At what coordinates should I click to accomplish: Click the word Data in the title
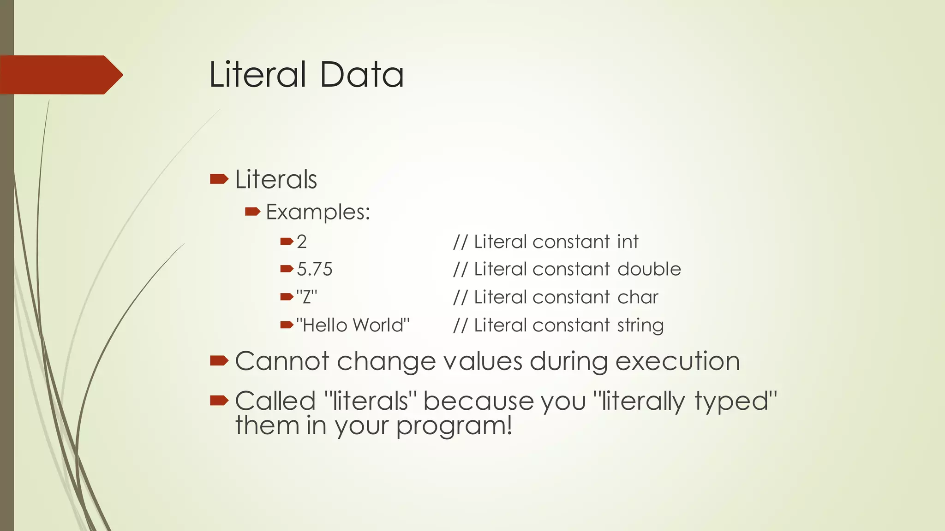[362, 75]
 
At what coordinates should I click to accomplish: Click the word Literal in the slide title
[257, 75]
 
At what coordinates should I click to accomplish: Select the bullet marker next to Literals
[219, 179]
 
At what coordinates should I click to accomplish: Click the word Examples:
[318, 212]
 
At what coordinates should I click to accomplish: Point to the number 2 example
[302, 242]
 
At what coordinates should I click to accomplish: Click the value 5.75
[314, 269]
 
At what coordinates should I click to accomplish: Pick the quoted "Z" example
[307, 297]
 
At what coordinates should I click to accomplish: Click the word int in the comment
[628, 242]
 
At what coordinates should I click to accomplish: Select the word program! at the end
[454, 425]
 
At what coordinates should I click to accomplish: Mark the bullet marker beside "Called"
[219, 401]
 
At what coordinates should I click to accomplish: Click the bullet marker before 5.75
[287, 269]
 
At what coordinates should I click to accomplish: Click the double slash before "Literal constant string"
[460, 325]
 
